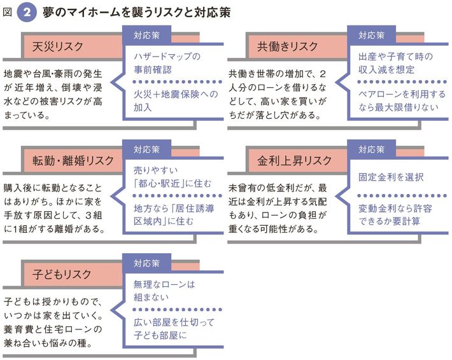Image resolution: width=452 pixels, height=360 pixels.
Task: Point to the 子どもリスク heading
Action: (x=61, y=274)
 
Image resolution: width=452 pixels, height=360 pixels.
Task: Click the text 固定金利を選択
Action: (x=391, y=176)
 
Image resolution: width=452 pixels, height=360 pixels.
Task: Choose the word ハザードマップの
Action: (x=167, y=56)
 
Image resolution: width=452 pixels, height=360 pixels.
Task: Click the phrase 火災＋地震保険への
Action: (x=175, y=93)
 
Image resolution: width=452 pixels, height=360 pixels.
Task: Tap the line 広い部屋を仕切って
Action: (x=175, y=322)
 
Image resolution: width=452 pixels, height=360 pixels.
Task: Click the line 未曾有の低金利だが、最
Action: (x=278, y=189)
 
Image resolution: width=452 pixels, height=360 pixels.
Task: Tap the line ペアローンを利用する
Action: (x=401, y=94)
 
